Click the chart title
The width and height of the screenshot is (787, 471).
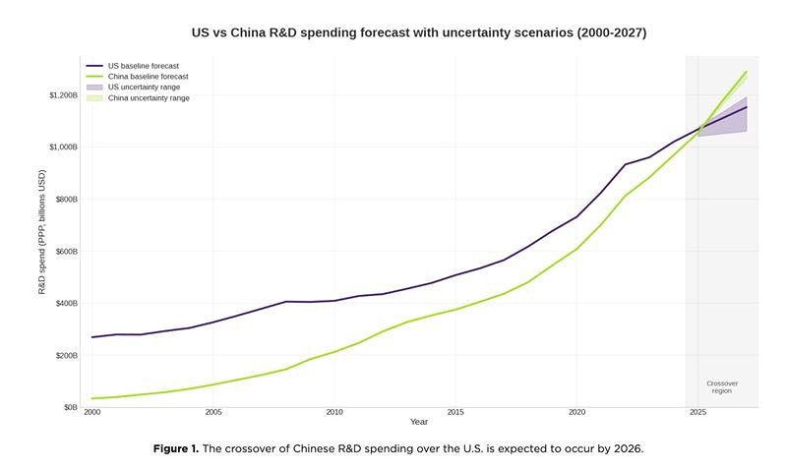point(419,33)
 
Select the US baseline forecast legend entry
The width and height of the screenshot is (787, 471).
point(133,66)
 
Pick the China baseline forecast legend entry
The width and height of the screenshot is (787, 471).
point(137,77)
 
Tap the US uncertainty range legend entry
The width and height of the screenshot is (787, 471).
point(133,88)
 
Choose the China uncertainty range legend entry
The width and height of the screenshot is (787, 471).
point(138,97)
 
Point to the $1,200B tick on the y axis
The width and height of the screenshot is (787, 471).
point(63,95)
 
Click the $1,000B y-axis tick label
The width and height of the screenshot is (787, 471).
point(63,147)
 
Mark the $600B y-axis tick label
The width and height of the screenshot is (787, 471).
point(66,252)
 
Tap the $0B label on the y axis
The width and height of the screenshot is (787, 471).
point(70,407)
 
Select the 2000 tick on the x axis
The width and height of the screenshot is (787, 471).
point(91,412)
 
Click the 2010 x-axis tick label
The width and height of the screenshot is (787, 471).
point(334,412)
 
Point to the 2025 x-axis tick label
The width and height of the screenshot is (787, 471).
point(697,412)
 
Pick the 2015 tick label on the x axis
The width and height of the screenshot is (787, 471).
point(455,412)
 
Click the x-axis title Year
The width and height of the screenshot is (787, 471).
point(419,422)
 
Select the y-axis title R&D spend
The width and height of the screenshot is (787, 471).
point(42,232)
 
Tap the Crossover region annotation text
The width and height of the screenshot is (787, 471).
point(722,387)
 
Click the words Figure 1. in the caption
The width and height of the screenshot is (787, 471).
point(176,448)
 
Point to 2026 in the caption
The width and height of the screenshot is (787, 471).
point(628,448)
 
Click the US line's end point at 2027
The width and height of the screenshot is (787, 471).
point(747,107)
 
